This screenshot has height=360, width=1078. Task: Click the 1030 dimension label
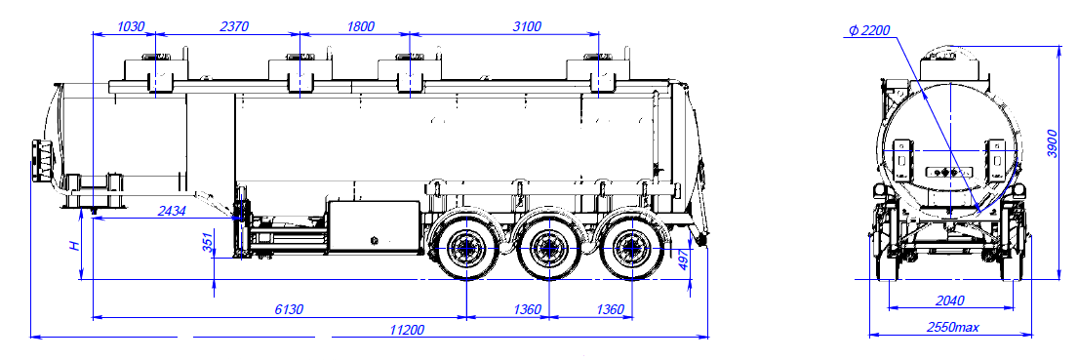pos(130,26)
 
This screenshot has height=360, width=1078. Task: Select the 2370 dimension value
pos(231,26)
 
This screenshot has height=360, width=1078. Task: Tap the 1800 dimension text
pos(360,26)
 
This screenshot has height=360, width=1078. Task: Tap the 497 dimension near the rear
pos(684,260)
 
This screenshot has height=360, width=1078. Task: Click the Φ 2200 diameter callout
pos(870,31)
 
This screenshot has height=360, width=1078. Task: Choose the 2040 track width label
pos(950,300)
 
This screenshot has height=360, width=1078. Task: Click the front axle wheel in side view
pos(464,250)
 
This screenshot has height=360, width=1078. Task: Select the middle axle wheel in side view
pos(547,250)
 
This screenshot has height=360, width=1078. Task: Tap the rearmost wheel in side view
pos(629,250)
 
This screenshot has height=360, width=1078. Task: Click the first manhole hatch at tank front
pos(152,72)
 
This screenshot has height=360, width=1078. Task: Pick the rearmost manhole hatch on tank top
pos(597,72)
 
